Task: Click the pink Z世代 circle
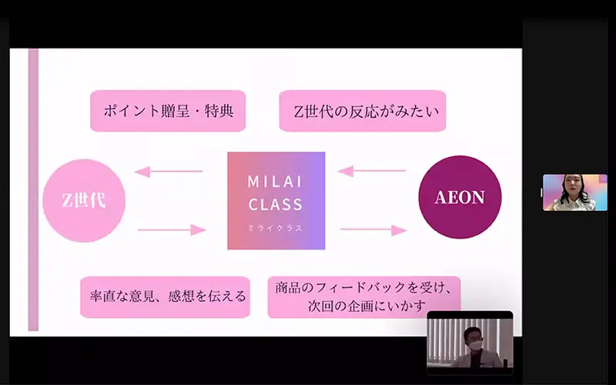pos(84,200)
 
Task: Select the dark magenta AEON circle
pos(460,197)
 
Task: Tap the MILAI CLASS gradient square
pos(276,201)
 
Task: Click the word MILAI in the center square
pos(275,182)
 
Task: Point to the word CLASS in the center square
pos(276,204)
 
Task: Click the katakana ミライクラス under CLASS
pos(275,228)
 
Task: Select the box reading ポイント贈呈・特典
pos(168,111)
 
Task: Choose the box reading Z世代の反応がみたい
pos(363,111)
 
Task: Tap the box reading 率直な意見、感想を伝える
pos(165,297)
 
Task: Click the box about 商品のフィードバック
pos(364,297)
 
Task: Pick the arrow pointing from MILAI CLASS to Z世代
pos(169,171)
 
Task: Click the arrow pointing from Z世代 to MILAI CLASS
pos(172,229)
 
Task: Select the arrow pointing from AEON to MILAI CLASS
pos(372,171)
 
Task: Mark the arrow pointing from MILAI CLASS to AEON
pos(373,229)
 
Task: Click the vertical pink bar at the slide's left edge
pos(33,189)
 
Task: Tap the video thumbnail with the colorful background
pos(575,192)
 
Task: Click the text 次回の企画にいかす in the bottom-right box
pos(367,306)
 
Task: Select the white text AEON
pos(460,197)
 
